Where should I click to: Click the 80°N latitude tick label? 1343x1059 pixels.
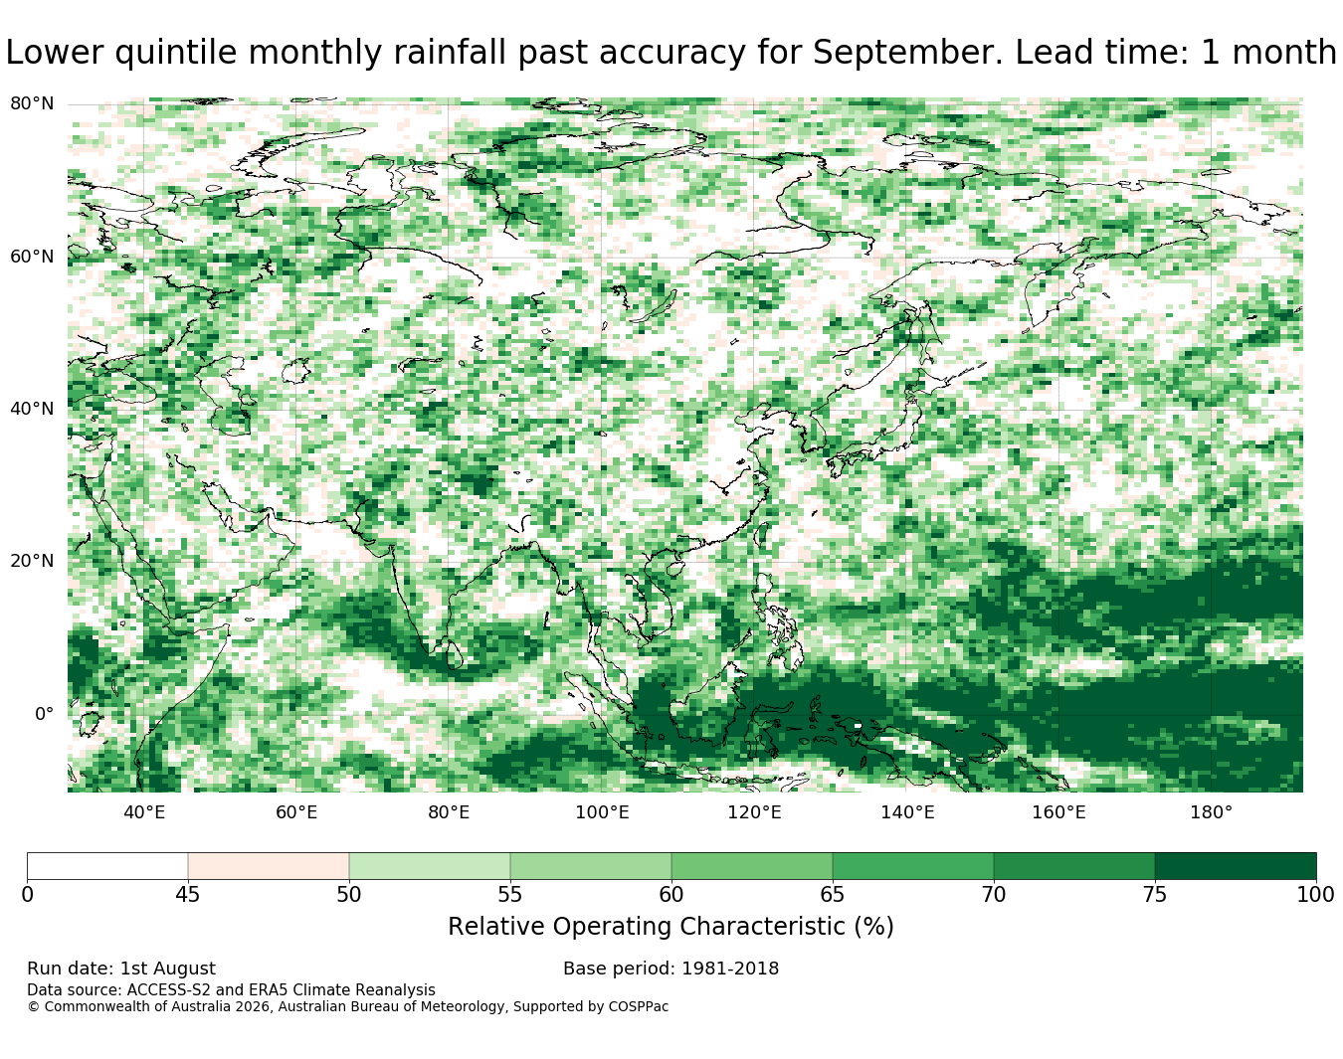[32, 103]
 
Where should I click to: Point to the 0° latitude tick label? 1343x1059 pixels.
[45, 714]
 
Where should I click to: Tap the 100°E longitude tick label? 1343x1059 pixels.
[602, 812]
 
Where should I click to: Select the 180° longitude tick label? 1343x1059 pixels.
[1212, 812]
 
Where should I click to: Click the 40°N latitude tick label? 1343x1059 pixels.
[32, 409]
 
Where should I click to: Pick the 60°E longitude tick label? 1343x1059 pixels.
[296, 812]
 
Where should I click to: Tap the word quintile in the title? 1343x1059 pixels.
[175, 53]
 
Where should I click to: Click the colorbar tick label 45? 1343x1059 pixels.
[187, 895]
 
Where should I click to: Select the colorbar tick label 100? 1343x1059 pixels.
[1315, 895]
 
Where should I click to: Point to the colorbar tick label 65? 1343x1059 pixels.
[832, 895]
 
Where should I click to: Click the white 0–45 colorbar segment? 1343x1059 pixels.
[107, 866]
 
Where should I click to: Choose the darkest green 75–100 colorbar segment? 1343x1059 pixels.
[1235, 866]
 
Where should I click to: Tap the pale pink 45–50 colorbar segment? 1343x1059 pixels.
[269, 866]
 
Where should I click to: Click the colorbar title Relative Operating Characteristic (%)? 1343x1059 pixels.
[671, 927]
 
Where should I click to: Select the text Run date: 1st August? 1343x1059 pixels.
[121, 969]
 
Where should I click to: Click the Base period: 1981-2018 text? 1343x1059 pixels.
[671, 969]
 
